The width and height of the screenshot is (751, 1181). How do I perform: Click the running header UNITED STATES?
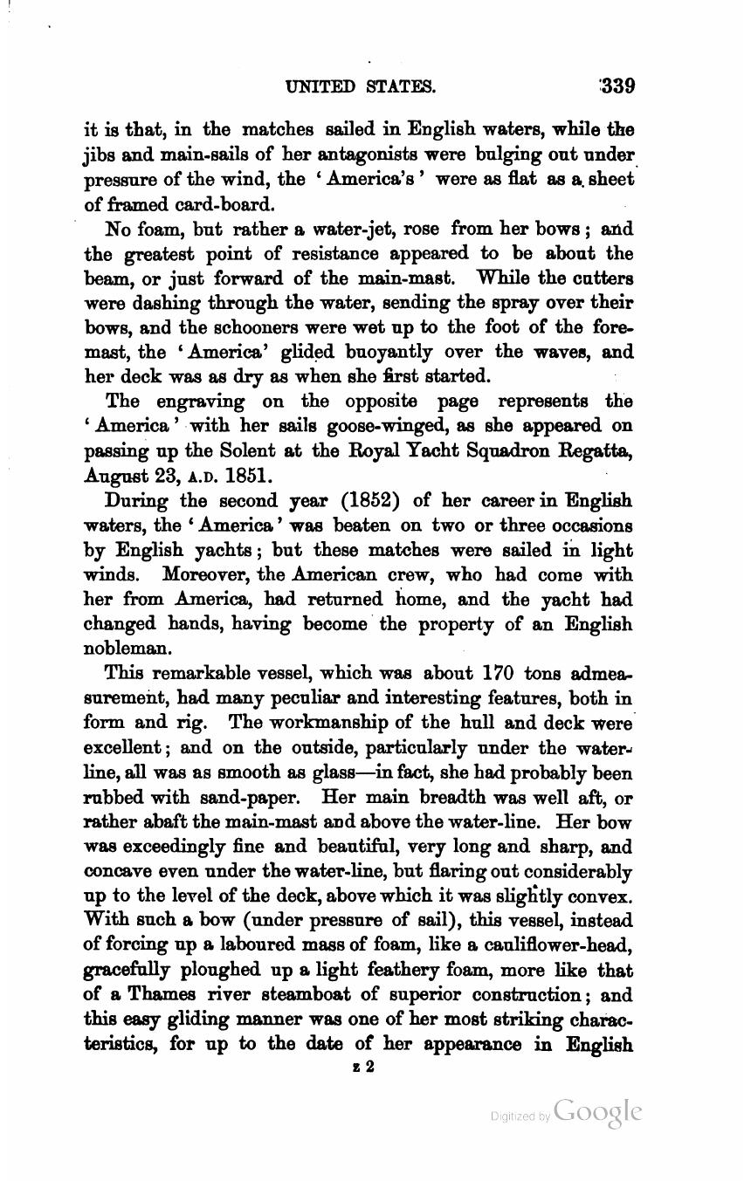coord(360,86)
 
